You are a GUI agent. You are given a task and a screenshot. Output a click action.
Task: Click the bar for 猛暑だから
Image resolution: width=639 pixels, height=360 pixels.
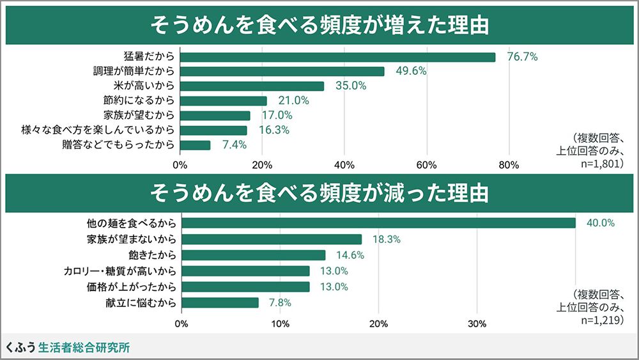(338, 57)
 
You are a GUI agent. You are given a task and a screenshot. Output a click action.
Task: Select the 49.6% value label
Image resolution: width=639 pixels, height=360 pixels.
(411, 72)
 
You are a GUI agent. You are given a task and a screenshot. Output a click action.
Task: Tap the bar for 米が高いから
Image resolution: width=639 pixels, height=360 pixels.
(252, 86)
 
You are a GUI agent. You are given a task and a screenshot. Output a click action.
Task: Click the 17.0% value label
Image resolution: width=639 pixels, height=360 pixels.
(277, 116)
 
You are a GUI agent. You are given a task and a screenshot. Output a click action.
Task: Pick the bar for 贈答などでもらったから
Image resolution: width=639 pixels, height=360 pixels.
(196, 145)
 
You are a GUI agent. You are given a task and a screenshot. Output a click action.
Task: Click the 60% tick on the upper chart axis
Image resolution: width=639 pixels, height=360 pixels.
(427, 165)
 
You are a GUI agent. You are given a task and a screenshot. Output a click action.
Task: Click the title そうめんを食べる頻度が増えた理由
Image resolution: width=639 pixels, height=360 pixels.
(319, 26)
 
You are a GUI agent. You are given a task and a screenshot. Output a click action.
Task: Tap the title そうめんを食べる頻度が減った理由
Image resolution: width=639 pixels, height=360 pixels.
(319, 192)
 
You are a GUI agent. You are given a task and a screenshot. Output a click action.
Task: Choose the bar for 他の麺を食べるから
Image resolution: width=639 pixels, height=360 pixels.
(379, 223)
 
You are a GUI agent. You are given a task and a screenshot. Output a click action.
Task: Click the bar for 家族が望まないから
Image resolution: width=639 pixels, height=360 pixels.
(272, 239)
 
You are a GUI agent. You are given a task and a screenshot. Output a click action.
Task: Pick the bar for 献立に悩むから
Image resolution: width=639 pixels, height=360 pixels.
(220, 302)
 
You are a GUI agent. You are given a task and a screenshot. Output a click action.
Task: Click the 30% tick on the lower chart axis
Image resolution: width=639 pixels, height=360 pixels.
(477, 324)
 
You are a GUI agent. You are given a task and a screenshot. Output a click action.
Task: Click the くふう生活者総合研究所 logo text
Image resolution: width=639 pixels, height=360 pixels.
(68, 348)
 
